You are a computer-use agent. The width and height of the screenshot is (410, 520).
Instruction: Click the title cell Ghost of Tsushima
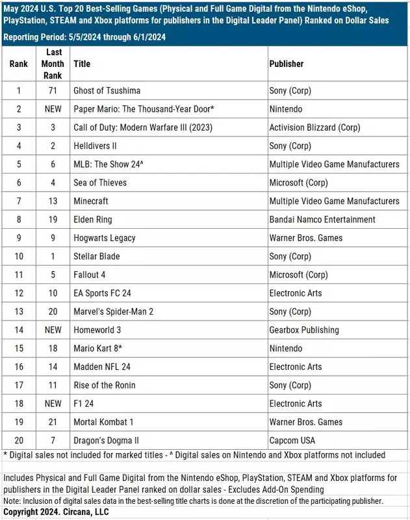point(107,90)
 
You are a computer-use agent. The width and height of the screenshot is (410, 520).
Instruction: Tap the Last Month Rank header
point(53,64)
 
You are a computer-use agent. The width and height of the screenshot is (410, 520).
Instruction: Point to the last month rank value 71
point(53,90)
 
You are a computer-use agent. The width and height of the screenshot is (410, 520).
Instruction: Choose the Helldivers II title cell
point(96,146)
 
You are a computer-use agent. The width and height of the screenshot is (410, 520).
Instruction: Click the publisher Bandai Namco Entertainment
point(322,220)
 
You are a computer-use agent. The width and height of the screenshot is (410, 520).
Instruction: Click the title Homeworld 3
point(97,330)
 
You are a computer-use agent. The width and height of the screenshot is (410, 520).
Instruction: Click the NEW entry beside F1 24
point(53,404)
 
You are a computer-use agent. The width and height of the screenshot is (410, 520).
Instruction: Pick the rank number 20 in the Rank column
point(18,441)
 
